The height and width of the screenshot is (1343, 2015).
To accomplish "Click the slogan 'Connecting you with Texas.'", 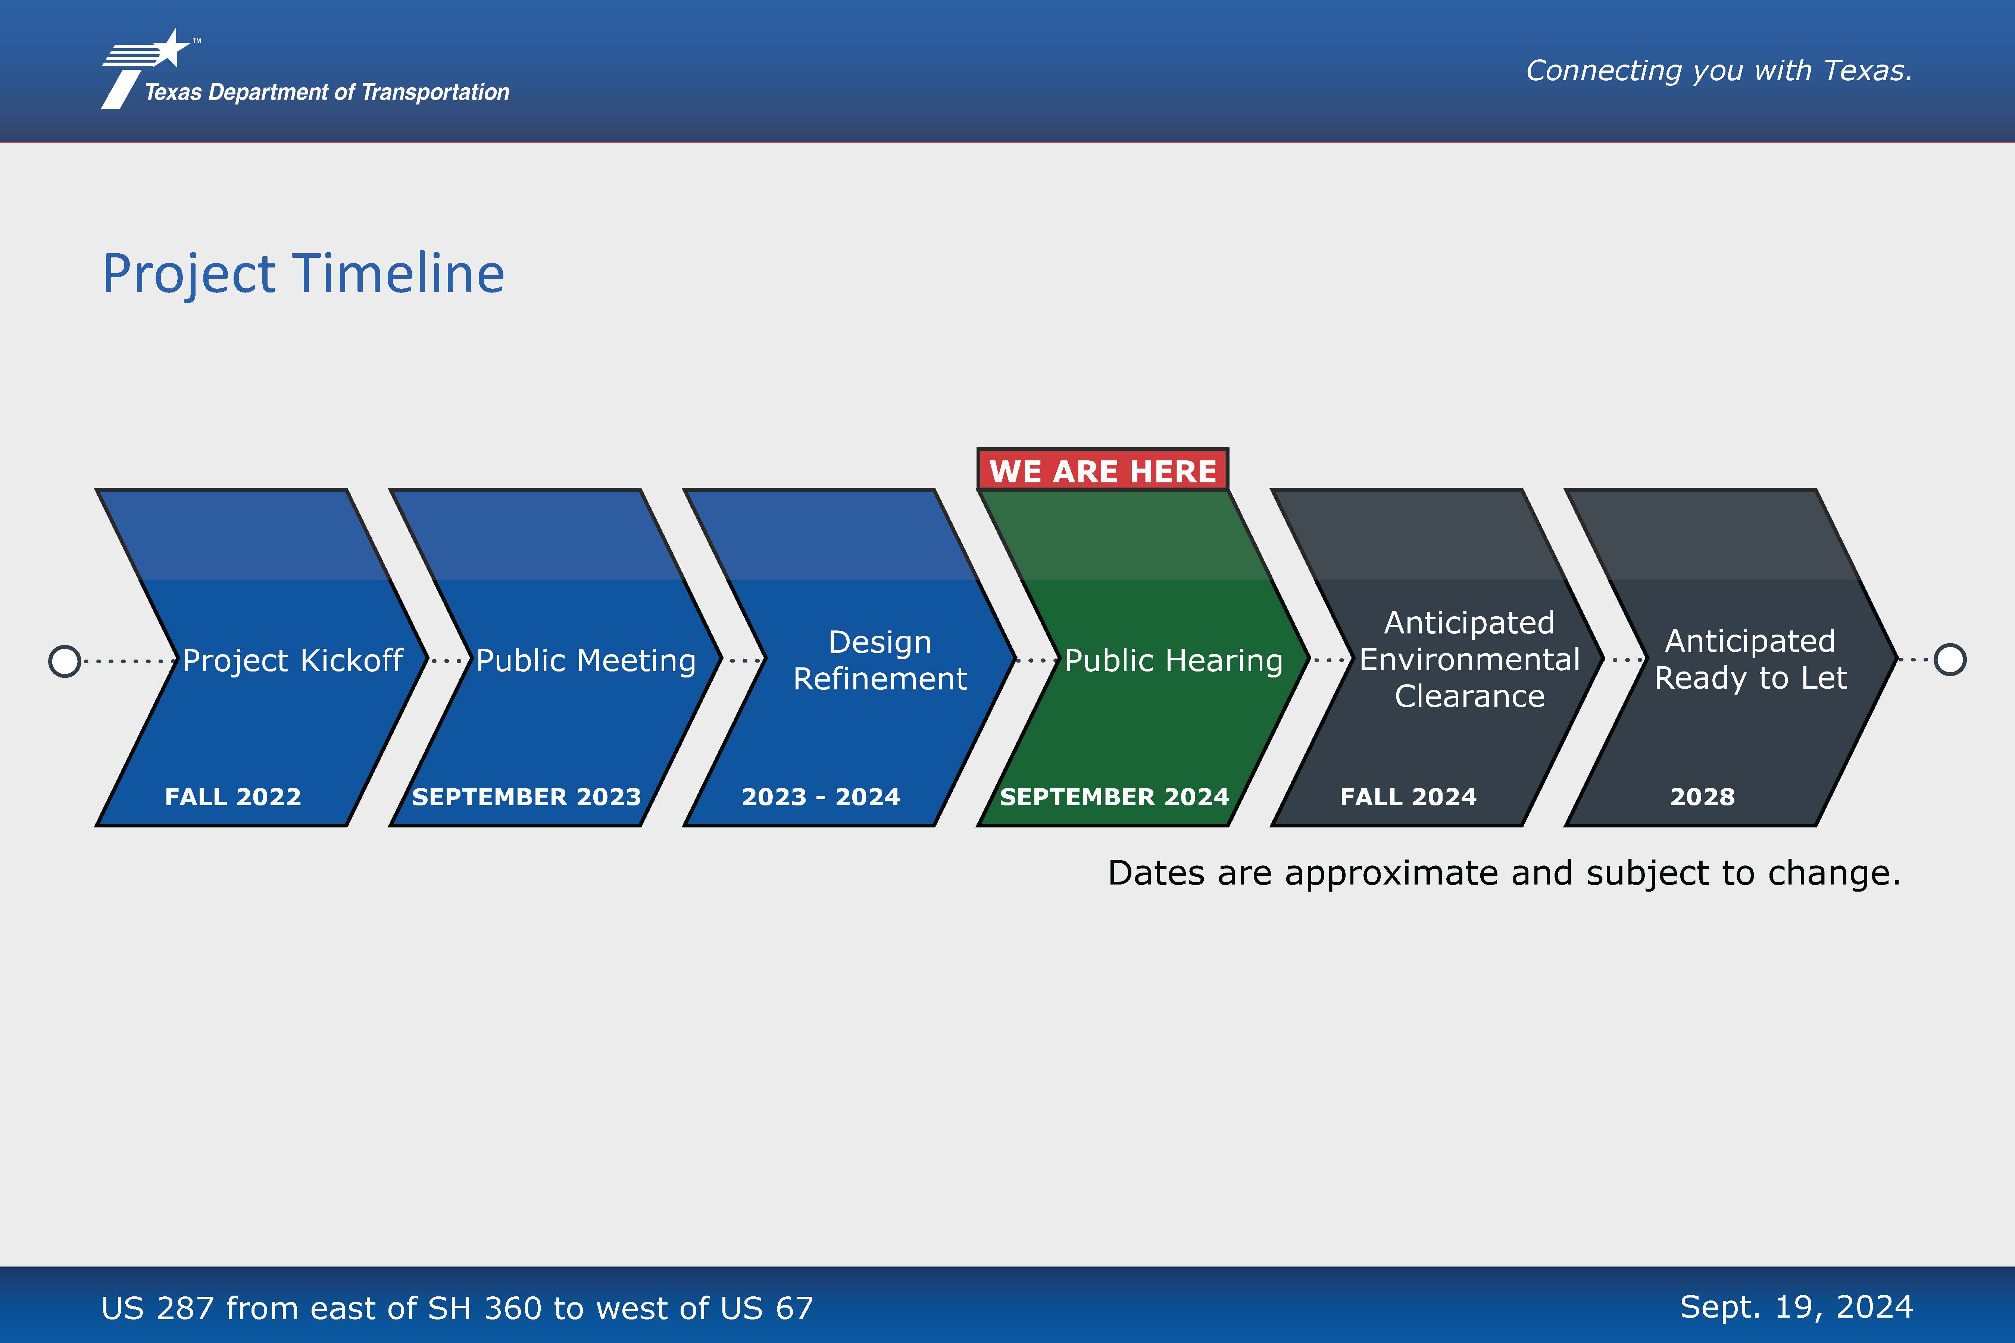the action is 1719,70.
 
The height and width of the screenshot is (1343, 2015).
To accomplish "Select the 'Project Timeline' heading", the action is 303,274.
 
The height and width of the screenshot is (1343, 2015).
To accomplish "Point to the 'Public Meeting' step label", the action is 586,660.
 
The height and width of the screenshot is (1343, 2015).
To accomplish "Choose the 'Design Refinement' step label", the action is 880,660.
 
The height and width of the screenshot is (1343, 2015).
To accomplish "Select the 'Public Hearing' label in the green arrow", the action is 1174,660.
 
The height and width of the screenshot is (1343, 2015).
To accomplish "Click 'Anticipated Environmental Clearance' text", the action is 1469,660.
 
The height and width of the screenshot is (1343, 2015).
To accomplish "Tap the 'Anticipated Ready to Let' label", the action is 1750,660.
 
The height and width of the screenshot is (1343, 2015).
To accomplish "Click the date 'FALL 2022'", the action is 233,796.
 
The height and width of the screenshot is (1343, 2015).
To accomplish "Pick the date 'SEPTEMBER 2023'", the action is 526,796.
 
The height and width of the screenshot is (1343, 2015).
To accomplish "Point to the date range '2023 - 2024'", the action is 821,796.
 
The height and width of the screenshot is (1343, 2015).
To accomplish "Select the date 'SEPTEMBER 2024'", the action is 1114,796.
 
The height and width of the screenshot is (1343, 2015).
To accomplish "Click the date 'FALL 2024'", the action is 1408,796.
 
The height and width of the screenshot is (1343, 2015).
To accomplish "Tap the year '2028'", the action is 1702,796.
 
